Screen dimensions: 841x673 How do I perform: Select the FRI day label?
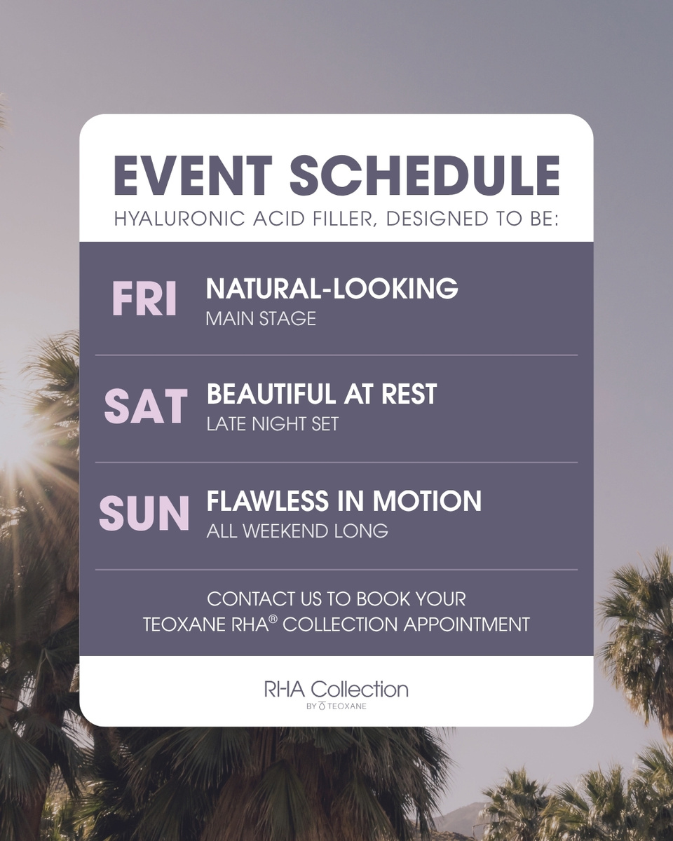[x=144, y=299]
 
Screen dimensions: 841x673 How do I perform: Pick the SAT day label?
[x=146, y=406]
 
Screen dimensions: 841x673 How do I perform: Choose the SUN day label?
[x=144, y=514]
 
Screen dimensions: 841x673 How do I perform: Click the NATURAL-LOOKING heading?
[x=332, y=289]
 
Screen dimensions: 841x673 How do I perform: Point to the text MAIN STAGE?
[x=261, y=319]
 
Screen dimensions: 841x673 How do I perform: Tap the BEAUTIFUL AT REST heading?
[x=322, y=395]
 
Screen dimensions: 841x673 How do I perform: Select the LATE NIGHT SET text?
[x=272, y=424]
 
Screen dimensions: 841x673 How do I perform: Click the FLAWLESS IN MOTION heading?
[x=344, y=501]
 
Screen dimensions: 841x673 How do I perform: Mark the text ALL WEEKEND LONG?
[x=297, y=531]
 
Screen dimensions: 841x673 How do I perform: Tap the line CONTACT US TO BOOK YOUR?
[x=336, y=600]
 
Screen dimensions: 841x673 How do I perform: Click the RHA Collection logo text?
[x=336, y=689]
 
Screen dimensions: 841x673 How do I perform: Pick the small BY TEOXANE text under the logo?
[x=336, y=706]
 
